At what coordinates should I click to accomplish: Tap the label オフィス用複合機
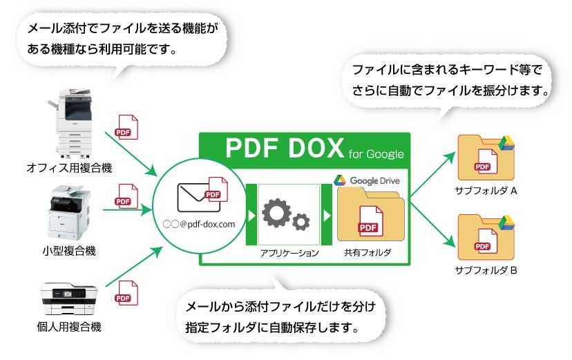coord(69,168)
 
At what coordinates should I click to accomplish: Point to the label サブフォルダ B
coord(486,270)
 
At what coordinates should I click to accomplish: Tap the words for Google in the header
coord(376,153)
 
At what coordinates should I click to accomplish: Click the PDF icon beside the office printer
coord(125,128)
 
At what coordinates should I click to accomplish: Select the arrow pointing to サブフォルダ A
coord(432,172)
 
